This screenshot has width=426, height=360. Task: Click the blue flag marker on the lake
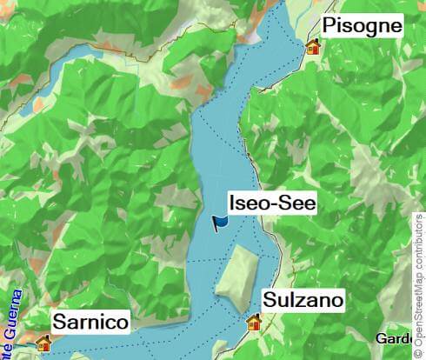[x=222, y=223]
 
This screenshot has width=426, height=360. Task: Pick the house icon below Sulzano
[x=255, y=323]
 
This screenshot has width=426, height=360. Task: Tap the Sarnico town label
[x=91, y=323]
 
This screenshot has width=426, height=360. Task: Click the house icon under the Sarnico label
[x=43, y=343]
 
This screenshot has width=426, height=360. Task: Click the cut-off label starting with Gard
[x=394, y=338]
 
